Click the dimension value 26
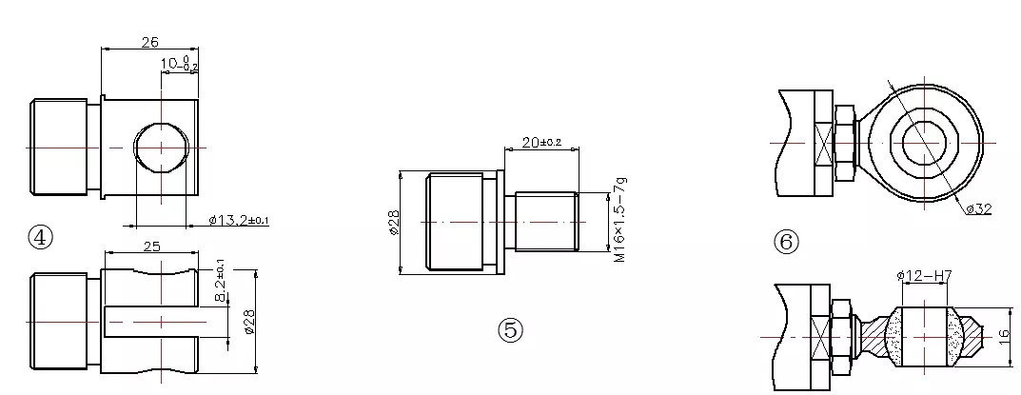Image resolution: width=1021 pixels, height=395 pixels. click(x=149, y=42)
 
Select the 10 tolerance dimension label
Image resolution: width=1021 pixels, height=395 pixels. click(x=179, y=64)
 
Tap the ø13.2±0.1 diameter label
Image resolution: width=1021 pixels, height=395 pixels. click(x=239, y=220)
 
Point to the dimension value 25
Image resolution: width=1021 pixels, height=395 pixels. click(x=151, y=247)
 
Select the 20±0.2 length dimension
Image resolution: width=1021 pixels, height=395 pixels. click(x=541, y=142)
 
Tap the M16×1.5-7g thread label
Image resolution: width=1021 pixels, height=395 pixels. click(x=619, y=220)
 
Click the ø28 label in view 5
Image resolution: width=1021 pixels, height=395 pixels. click(x=394, y=223)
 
